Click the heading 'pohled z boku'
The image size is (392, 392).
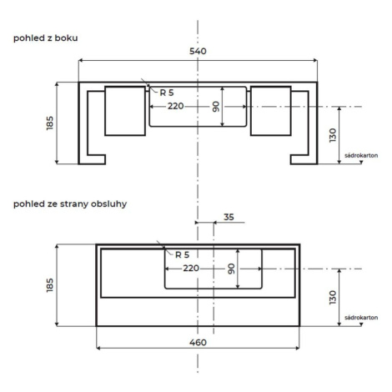click(x=46, y=38)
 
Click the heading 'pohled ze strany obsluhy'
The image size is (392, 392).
click(x=70, y=204)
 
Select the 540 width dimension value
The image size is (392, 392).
click(x=198, y=51)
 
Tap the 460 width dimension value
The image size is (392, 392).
click(x=198, y=342)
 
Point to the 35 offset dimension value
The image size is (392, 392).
click(x=229, y=217)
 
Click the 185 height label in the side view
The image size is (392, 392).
click(x=50, y=123)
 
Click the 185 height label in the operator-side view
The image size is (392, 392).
click(x=50, y=285)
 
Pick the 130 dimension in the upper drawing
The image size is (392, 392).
click(x=333, y=135)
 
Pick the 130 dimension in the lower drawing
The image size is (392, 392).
click(x=333, y=298)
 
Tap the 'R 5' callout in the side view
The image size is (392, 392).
click(x=167, y=93)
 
